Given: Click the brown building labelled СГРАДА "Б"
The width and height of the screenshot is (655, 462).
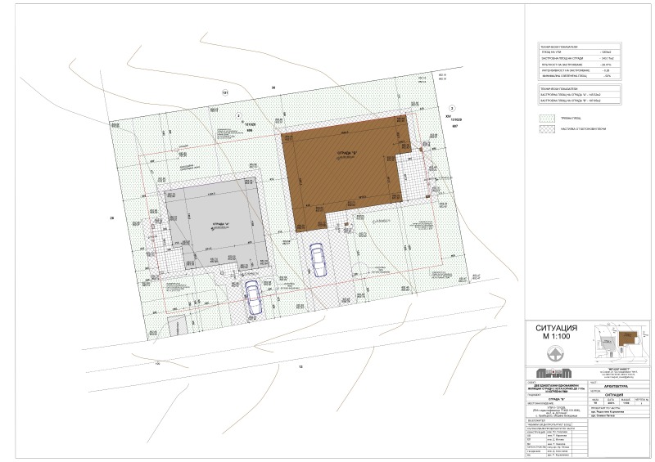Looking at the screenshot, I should (344, 164).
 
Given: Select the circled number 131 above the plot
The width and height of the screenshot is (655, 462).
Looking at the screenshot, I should (223, 92).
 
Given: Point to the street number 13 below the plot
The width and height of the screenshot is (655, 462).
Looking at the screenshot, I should (300, 367).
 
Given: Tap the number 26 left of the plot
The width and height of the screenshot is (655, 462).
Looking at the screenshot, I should (111, 218).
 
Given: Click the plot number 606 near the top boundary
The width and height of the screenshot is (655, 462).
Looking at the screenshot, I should (239, 128).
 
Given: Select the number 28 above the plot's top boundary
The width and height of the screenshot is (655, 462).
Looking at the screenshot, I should (274, 87).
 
